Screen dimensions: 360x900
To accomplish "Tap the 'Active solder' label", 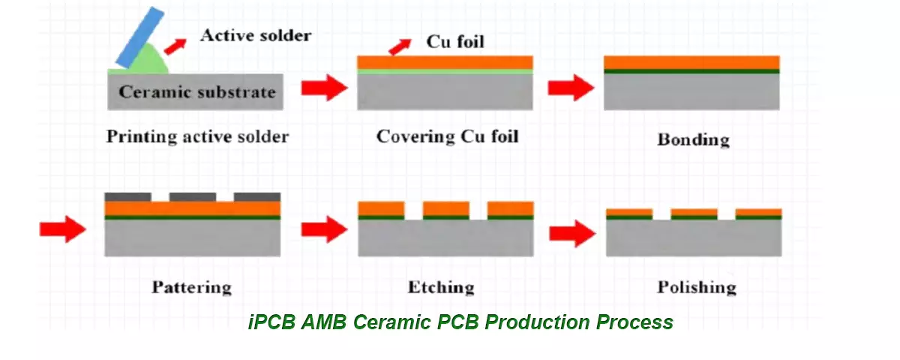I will tap(255, 34).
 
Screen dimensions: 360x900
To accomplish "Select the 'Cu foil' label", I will tap(455, 41).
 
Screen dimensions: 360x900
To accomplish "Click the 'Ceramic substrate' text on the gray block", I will tap(197, 93).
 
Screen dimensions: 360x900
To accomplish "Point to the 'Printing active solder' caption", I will tap(197, 136).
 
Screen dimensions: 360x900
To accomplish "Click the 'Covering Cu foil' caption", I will tap(447, 136).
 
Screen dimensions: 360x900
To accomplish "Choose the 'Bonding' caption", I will tap(693, 139).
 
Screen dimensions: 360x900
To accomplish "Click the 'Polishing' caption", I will tap(697, 287).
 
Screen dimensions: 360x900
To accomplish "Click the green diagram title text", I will tap(460, 322).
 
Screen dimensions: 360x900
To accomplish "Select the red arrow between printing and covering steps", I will tap(325, 88).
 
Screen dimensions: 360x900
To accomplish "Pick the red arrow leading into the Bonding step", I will tap(571, 88).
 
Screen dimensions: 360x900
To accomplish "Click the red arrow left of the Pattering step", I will tap(63, 229).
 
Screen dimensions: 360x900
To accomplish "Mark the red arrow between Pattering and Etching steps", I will tap(325, 229).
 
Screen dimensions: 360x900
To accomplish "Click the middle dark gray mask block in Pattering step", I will tap(193, 197).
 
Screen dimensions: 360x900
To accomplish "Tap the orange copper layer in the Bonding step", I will tap(691, 62).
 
